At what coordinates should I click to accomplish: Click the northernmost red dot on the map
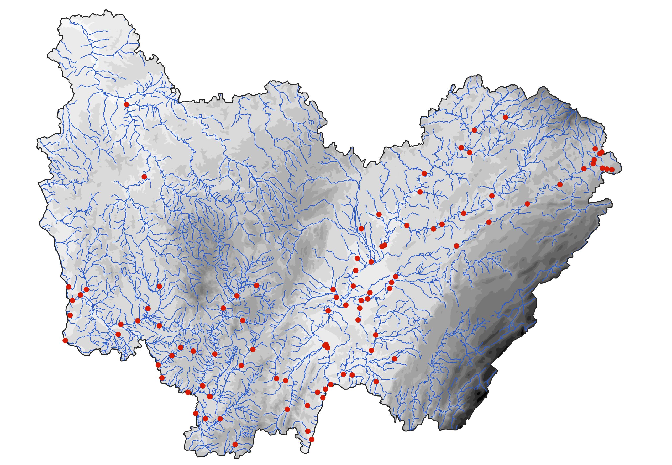tap(127, 104)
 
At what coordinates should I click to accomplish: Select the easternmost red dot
tap(612, 170)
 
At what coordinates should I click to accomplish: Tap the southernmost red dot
tap(235, 452)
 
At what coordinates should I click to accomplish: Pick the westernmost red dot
tap(65, 340)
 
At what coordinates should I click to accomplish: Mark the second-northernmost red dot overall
tap(505, 117)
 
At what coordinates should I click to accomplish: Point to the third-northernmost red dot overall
tap(474, 130)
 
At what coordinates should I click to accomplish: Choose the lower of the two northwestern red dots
tap(144, 177)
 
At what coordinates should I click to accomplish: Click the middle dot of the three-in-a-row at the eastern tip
tap(607, 169)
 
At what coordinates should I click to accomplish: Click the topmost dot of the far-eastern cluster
tap(595, 149)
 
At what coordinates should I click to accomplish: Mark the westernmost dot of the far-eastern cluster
tap(584, 169)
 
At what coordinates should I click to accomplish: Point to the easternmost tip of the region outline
tap(622, 168)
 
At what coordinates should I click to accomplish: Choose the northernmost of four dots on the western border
tap(69, 287)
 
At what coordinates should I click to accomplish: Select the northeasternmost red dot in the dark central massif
tap(256, 285)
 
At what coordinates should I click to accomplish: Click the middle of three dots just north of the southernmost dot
tap(206, 419)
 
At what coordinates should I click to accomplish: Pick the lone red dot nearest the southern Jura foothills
tap(395, 359)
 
